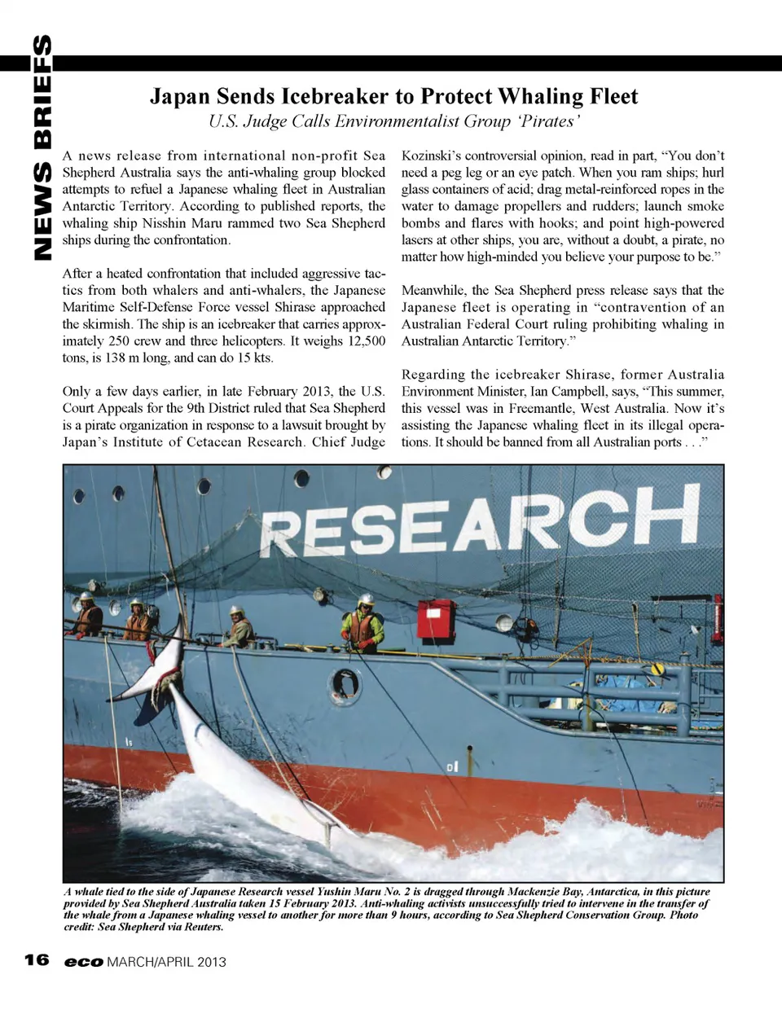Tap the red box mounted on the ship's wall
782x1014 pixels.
pyautogui.click(x=436, y=621)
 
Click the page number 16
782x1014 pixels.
pyautogui.click(x=37, y=960)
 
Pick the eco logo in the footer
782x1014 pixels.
pyautogui.click(x=84, y=961)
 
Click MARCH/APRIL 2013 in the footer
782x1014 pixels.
pyautogui.click(x=166, y=961)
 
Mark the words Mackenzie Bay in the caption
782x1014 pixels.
pyautogui.click(x=543, y=892)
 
